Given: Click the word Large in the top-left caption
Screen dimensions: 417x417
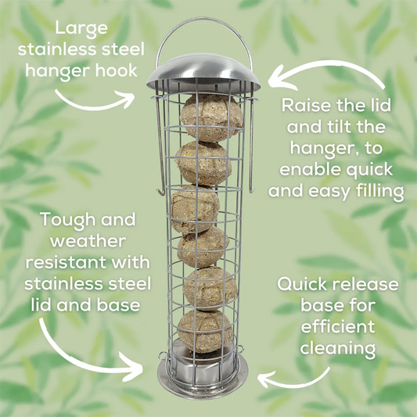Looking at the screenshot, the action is (81, 29).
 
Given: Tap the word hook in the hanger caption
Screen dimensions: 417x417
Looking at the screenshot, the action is (117, 70).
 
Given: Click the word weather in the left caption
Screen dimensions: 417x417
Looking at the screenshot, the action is (88, 241).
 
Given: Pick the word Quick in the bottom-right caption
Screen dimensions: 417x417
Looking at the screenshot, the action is (302, 284).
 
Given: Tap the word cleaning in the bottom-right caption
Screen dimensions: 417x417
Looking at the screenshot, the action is (338, 348).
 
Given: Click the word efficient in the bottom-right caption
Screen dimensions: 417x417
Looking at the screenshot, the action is (338, 326).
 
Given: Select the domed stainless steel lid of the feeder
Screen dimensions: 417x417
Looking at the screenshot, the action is (203, 73).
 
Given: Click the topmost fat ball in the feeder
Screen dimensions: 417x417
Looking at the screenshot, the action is (212, 118).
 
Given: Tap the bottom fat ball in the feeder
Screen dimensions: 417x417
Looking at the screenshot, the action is (204, 332).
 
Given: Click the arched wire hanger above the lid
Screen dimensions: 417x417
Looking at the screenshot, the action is (204, 19).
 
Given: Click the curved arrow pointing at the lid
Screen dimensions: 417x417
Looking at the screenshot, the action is (325, 64).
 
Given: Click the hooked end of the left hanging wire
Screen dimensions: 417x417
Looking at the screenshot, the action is (160, 192).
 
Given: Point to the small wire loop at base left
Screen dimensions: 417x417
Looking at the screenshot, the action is (163, 355).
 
